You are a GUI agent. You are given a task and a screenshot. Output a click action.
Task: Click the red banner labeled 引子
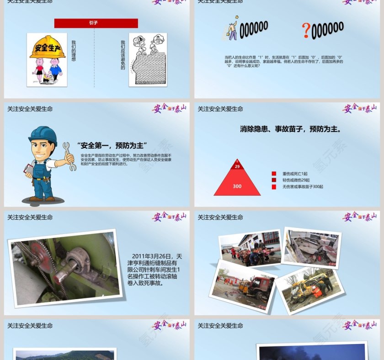coord(96,23)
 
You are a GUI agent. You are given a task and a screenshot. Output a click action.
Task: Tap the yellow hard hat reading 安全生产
coord(48,48)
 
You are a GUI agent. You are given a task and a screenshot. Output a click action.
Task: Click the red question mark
coord(306,31)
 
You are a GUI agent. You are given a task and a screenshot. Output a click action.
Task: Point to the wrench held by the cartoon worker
coord(69,156)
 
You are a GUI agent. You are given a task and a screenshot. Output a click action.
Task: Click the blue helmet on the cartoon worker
coord(43,135)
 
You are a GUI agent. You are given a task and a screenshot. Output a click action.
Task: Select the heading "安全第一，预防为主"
coord(112,146)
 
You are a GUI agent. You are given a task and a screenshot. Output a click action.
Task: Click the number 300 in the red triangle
coord(237,186)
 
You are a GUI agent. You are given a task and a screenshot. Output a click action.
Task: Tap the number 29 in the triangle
coord(237,167)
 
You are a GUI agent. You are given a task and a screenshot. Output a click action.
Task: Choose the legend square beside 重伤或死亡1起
coord(274,174)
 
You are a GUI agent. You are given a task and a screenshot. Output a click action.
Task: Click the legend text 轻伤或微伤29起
coord(295,180)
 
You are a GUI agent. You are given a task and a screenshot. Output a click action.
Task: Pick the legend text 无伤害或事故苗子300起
coord(303,186)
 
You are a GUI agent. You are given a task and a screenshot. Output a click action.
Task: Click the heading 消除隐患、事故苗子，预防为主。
coord(291,129)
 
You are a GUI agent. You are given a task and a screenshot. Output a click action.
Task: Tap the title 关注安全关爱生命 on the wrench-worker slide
coord(30,109)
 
